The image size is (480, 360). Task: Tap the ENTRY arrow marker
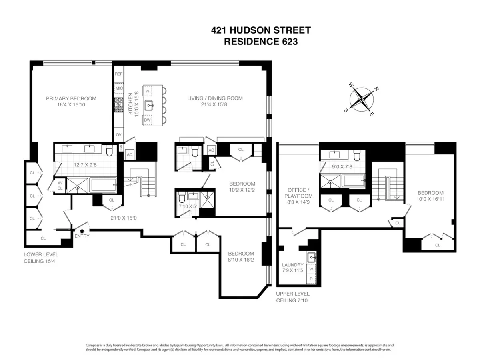(x=83, y=230)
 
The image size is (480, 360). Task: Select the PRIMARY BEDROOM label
(x=71, y=102)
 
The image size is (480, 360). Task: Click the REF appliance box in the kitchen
(x=119, y=74)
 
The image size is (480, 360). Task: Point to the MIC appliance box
(x=119, y=88)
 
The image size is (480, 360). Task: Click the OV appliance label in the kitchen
(x=119, y=135)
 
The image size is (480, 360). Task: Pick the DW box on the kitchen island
(x=147, y=120)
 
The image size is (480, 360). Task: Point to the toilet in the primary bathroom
(x=109, y=151)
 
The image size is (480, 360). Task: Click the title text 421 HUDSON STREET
(x=261, y=30)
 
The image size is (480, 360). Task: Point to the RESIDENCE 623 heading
(x=261, y=42)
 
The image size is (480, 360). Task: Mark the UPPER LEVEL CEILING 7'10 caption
(x=292, y=297)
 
